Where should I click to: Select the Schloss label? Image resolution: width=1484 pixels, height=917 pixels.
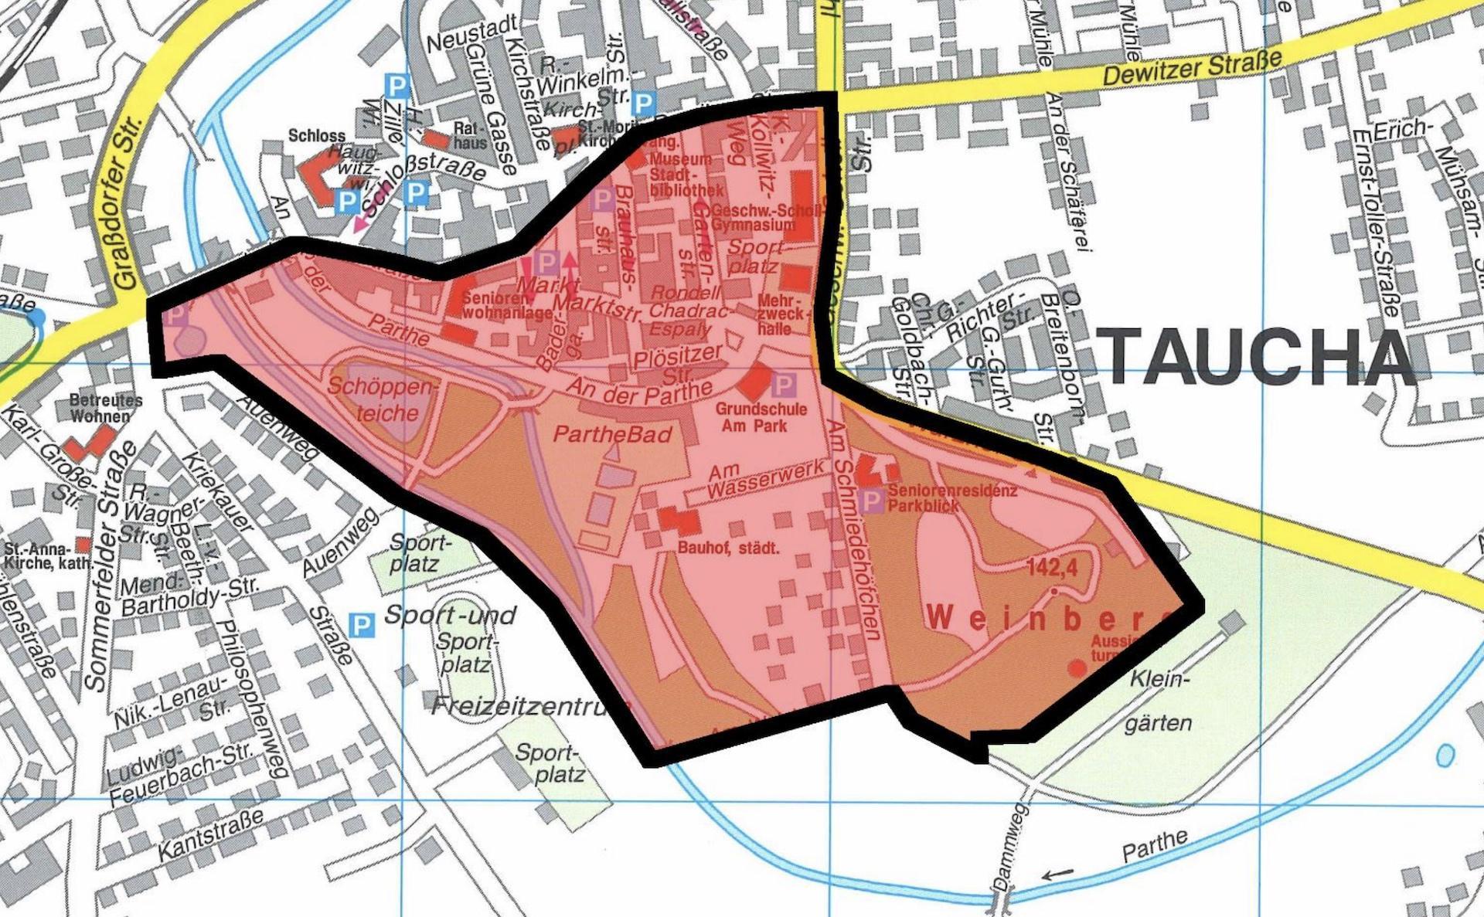pos(317,135)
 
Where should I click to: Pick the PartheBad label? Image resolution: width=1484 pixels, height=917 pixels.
pos(613,434)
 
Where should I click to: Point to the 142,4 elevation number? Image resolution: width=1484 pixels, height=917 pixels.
pos(1052,566)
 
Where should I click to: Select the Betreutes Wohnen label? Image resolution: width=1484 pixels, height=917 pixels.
pos(106,409)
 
